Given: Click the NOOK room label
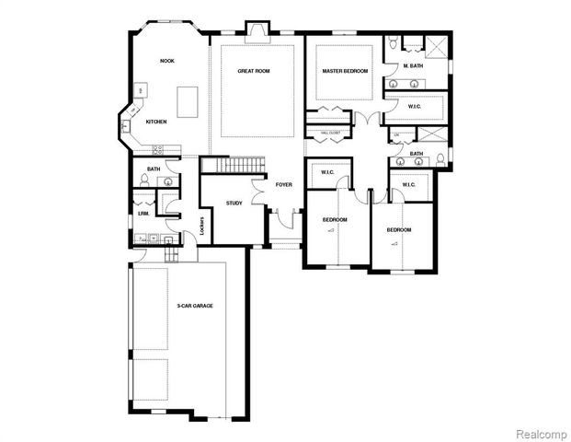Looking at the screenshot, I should [x=167, y=61].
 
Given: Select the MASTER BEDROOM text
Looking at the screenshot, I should [x=345, y=71].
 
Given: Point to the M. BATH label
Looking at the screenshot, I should [x=412, y=66].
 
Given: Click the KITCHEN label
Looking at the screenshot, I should [x=155, y=122].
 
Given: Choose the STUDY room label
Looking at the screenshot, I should [x=234, y=203].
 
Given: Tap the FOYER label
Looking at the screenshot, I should [x=283, y=185].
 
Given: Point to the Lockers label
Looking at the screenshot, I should [x=201, y=227].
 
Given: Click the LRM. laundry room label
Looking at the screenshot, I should [x=144, y=214].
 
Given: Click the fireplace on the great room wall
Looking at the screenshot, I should [x=256, y=34].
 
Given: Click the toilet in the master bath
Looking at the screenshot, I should [x=393, y=41].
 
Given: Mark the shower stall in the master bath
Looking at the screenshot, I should [x=437, y=48].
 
